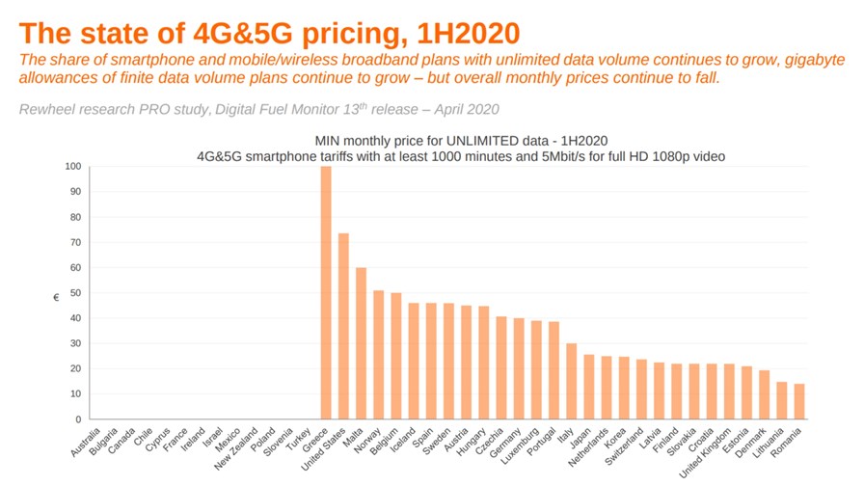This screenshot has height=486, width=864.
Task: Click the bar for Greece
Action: point(326,292)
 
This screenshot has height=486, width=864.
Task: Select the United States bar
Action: point(343,326)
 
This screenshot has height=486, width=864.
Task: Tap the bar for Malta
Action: point(361,343)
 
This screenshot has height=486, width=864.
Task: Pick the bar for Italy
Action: point(572,381)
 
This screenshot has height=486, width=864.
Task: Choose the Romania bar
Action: point(799,402)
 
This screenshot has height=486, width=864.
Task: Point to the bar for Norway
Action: point(379,355)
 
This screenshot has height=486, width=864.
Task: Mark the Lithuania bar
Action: point(781,400)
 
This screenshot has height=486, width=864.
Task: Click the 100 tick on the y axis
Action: point(72,167)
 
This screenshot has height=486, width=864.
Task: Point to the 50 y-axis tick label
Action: point(75,293)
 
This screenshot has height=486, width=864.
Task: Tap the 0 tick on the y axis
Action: point(78,419)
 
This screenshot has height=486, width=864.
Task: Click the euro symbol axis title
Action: point(56,298)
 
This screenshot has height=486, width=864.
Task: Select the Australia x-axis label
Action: point(86,442)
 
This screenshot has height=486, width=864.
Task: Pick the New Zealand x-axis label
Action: point(236,448)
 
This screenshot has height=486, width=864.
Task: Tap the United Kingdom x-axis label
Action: point(705,452)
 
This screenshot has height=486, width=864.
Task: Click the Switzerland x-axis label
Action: point(624,446)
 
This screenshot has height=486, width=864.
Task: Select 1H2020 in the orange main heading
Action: point(469,34)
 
